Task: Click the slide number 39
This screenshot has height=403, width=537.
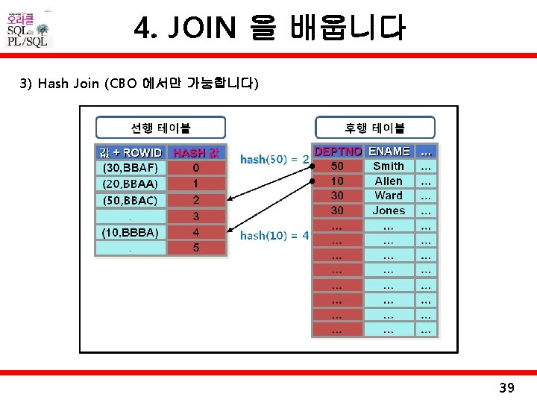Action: [506, 387]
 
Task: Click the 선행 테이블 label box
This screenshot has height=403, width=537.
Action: [160, 128]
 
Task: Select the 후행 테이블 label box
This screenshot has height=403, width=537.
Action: [374, 128]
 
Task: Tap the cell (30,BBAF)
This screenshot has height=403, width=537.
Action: [130, 168]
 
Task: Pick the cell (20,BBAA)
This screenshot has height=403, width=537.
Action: [130, 184]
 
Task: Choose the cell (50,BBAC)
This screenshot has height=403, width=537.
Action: [130, 200]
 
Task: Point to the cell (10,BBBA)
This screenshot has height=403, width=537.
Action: [130, 232]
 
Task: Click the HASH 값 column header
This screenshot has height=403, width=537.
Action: [196, 152]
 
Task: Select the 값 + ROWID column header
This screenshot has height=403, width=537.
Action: [131, 152]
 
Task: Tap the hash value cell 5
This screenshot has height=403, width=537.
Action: [196, 248]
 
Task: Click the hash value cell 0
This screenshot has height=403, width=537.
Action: [196, 168]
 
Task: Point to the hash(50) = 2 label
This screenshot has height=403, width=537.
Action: [274, 159]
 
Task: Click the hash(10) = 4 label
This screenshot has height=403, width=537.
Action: [274, 236]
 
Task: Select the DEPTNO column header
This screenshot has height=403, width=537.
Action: [337, 151]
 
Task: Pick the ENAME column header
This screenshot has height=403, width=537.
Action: [389, 151]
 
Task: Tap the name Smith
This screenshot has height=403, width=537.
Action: [389, 166]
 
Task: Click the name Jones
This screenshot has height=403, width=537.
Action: [389, 210]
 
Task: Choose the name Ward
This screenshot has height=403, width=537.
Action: [389, 196]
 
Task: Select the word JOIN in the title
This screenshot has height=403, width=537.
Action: [204, 28]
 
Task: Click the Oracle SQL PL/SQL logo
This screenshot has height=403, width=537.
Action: [28, 30]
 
